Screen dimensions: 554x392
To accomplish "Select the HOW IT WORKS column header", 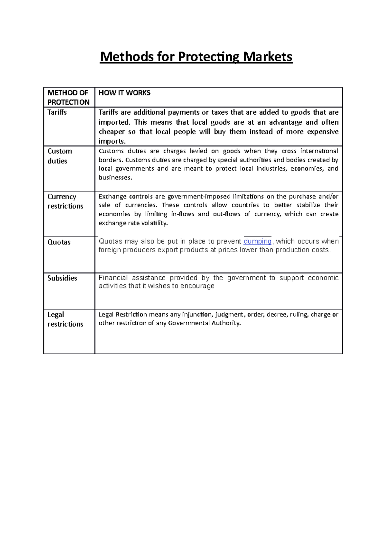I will coord(124,93).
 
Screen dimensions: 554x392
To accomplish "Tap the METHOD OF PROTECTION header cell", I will coord(68,97).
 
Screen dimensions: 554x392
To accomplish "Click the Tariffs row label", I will coord(57,112).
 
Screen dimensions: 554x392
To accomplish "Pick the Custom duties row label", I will coord(59,156).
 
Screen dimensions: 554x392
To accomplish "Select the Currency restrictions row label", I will coord(65,201).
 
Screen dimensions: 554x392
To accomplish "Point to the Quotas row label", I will coord(59,242).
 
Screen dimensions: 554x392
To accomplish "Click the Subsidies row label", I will coord(62,278).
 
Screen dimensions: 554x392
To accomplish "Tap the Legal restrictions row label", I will coord(65,319).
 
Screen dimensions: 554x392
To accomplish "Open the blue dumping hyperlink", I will coord(257,241).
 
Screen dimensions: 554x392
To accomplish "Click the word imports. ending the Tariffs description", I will coord(112,141).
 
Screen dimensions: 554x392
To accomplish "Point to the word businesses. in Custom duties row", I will coord(115,178).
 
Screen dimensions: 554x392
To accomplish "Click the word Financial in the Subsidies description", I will coord(113,278).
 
